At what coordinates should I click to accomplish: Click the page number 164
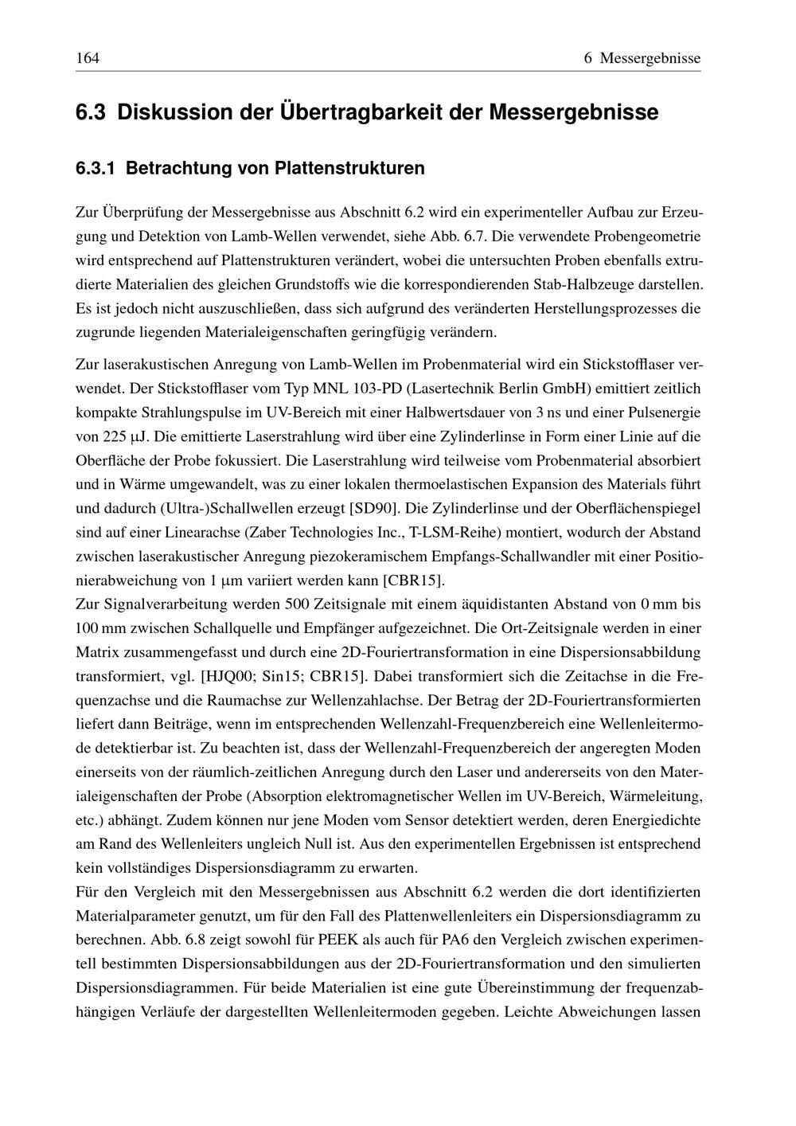pyautogui.click(x=87, y=58)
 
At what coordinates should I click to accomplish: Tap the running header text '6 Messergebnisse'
pyautogui.click(x=642, y=58)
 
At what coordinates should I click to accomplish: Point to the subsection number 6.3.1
pyautogui.click(x=96, y=168)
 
